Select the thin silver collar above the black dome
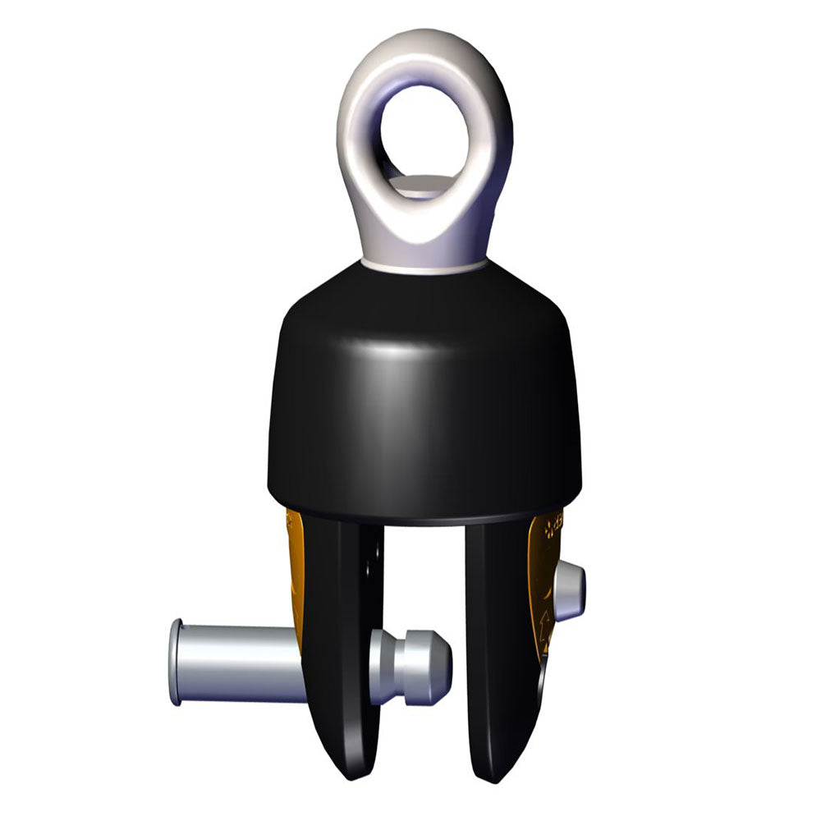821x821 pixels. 424,265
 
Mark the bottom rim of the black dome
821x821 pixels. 424,520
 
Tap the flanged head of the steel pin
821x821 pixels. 176,662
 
